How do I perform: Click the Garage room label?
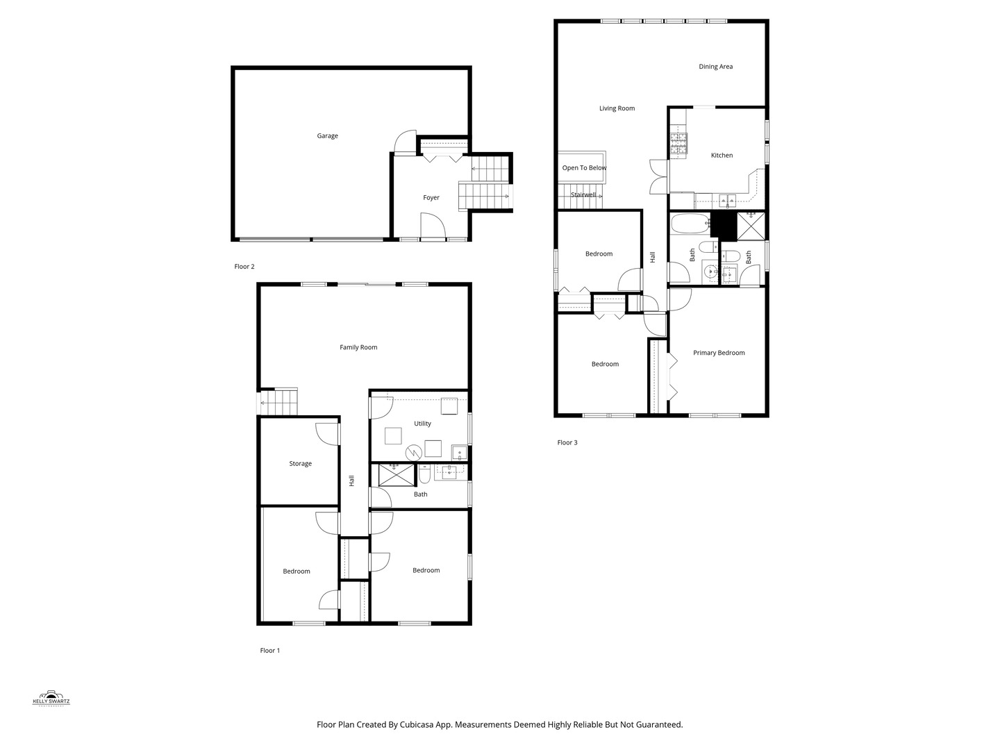(327, 136)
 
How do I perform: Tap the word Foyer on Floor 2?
(431, 198)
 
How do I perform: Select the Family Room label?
(358, 347)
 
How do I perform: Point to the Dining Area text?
(715, 67)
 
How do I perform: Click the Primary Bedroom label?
(719, 353)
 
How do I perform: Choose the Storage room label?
(300, 464)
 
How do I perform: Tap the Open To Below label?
(584, 168)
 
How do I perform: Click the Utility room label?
(422, 424)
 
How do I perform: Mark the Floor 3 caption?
(567, 443)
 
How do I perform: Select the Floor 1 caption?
(269, 651)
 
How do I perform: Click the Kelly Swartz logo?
(51, 698)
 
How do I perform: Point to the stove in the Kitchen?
(678, 143)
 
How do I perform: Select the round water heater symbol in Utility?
(414, 453)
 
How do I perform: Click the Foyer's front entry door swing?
(433, 225)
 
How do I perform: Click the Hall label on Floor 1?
(351, 481)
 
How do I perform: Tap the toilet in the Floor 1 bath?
(425, 475)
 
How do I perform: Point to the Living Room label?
(617, 108)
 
